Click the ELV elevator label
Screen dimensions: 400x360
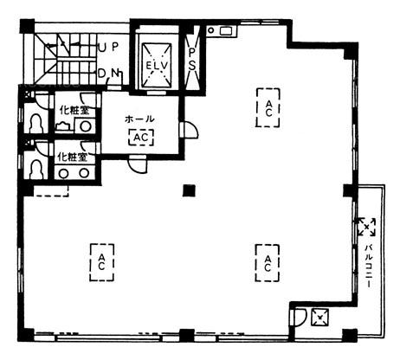tap(157, 65)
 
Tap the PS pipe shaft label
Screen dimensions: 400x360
tap(191, 60)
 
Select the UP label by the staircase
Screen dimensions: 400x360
tap(108, 47)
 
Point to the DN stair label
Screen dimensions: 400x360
tap(108, 74)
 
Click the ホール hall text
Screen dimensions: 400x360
tap(139, 119)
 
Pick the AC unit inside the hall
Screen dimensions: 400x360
tap(141, 138)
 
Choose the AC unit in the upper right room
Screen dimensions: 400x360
tap(268, 108)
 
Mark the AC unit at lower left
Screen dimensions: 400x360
tap(101, 262)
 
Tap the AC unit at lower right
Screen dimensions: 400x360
tap(268, 263)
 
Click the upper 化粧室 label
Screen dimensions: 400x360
tap(74, 110)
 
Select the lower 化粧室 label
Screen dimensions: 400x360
tap(73, 157)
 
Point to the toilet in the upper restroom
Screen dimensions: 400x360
tap(36, 124)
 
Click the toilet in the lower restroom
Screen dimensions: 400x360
tap(36, 169)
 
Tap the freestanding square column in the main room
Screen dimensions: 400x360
tap(190, 190)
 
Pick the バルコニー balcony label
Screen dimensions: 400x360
tap(367, 266)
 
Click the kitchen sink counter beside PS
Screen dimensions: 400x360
tap(222, 31)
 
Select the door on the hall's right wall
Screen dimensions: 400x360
tap(189, 130)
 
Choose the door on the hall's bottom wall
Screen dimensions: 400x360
tap(138, 164)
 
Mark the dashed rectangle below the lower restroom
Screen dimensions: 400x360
tap(51, 191)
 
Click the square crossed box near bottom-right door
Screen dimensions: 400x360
tap(319, 317)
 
